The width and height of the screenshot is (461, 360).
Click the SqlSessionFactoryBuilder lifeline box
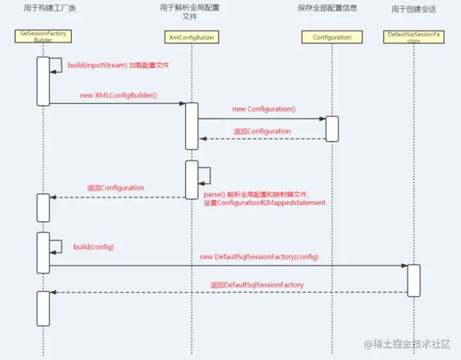[x=43, y=35]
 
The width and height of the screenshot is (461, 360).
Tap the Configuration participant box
[x=332, y=37]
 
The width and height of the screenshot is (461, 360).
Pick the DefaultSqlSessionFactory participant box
[x=414, y=36]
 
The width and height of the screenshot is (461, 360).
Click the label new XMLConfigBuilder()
[x=118, y=95]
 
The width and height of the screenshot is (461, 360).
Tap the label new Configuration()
[x=263, y=110]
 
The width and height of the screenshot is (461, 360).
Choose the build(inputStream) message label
[x=118, y=65]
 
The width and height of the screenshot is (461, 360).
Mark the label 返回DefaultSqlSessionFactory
[x=257, y=284]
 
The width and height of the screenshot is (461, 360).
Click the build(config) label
[x=88, y=247]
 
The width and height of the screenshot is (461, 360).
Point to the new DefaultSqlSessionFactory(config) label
[x=259, y=257]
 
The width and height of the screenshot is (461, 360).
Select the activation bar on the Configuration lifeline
[x=332, y=128]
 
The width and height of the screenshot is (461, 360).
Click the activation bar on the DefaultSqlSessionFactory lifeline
[x=414, y=280]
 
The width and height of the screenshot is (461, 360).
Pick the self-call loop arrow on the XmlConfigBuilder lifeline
[x=206, y=175]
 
